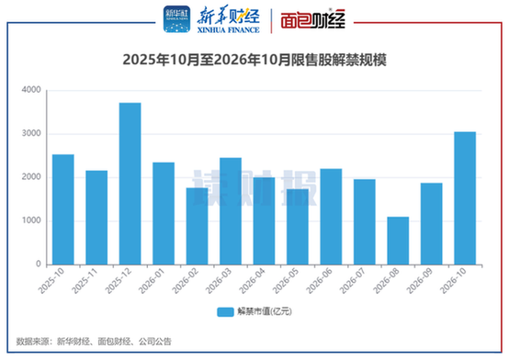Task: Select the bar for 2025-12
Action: [x=130, y=184]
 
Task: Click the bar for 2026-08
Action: [x=398, y=241]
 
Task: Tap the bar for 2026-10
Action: [x=465, y=198]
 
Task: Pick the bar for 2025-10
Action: [x=63, y=209]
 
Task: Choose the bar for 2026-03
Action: [x=231, y=211]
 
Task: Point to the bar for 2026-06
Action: [x=331, y=217]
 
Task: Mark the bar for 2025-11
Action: [x=96, y=218]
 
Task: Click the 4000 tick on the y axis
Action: [x=31, y=90]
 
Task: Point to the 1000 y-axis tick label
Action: [x=31, y=220]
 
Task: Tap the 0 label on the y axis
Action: [x=39, y=264]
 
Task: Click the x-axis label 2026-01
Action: [x=153, y=281]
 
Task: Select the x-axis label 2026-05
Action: [x=286, y=281]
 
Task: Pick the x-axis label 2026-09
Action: [x=420, y=281]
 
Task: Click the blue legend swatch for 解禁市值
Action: [x=225, y=312]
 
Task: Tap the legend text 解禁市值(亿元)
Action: [x=265, y=311]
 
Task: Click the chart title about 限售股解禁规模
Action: [x=254, y=60]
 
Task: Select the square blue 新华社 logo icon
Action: [x=177, y=19]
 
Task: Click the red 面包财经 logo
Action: [x=313, y=19]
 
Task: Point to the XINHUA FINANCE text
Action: [x=229, y=30]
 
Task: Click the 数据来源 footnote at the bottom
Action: [x=94, y=342]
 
